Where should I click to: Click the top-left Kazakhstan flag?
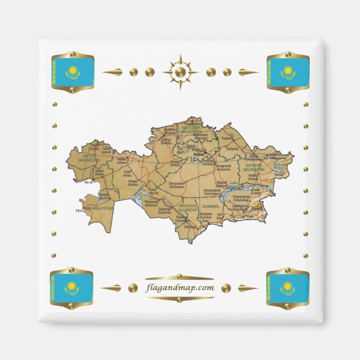click(72, 72)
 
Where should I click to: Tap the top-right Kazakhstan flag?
click(288, 72)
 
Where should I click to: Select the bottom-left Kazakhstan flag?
click(72, 288)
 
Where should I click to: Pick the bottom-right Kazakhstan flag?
click(287, 288)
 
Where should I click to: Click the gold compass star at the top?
click(180, 72)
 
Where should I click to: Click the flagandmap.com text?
click(179, 288)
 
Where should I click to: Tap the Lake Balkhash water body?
click(234, 193)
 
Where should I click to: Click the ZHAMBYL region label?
click(215, 206)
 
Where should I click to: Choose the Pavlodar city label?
click(226, 138)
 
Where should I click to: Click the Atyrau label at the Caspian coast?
click(88, 182)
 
